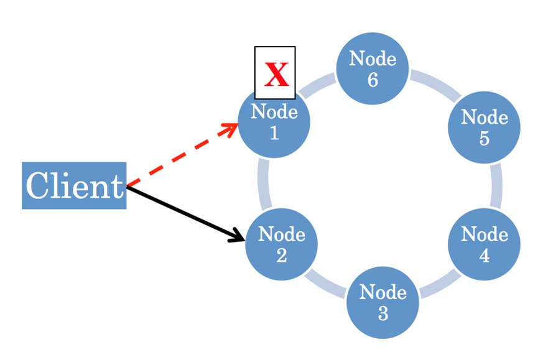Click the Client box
[74, 185]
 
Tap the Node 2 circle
[281, 244]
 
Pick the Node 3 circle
[382, 302]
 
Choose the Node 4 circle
[484, 244]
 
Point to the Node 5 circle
[484, 127]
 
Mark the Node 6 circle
[373, 68]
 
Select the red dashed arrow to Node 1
[180, 155]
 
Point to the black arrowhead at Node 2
[238, 236]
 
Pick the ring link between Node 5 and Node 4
[496, 185]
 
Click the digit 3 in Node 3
[382, 313]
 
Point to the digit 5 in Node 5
[484, 138]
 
